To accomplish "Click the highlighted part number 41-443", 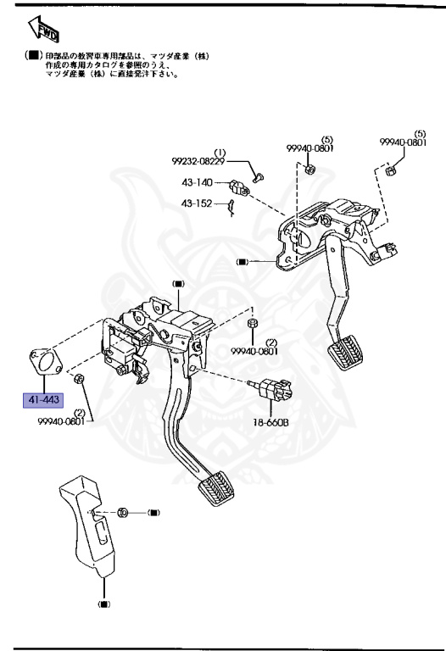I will [43, 398].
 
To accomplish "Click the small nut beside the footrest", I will [122, 513].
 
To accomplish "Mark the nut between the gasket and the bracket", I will [79, 378].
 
